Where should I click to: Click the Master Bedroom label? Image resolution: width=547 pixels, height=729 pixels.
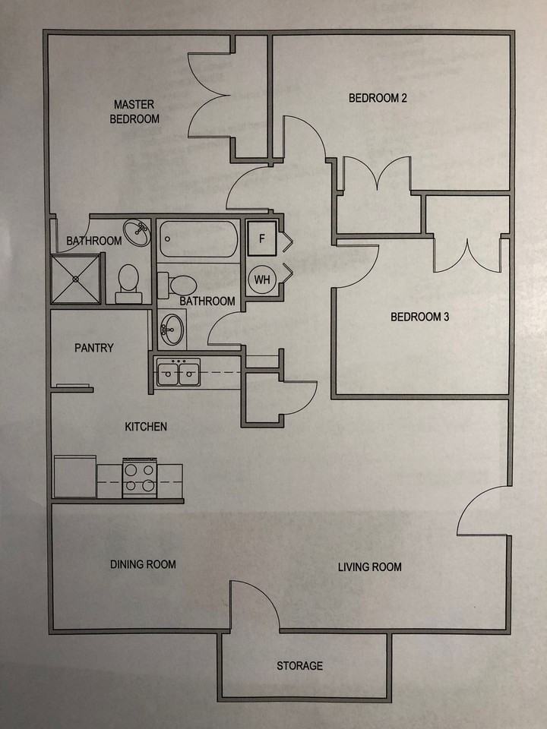point(134,112)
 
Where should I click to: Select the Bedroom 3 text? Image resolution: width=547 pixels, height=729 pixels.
point(419,317)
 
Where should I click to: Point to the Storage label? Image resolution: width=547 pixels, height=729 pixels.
point(299,666)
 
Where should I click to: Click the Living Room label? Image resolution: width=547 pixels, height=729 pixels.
point(370,566)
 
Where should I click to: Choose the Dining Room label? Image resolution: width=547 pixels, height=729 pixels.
point(143,564)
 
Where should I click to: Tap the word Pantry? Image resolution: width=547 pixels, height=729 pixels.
point(94,348)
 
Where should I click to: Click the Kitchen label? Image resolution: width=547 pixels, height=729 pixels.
point(146,427)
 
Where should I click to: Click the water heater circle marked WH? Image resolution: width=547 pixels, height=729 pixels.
point(262,279)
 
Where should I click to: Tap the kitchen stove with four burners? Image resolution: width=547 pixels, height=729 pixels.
point(140,478)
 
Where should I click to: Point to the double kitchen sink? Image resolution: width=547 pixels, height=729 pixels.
point(179,373)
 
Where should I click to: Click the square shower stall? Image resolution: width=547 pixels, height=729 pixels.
point(76,279)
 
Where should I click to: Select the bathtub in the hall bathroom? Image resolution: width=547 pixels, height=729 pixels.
point(199,239)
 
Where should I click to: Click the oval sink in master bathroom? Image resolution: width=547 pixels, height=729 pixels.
point(138,232)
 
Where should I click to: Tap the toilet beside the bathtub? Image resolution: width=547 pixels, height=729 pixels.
point(179,285)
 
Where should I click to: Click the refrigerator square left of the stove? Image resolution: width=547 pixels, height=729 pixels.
point(75,477)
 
